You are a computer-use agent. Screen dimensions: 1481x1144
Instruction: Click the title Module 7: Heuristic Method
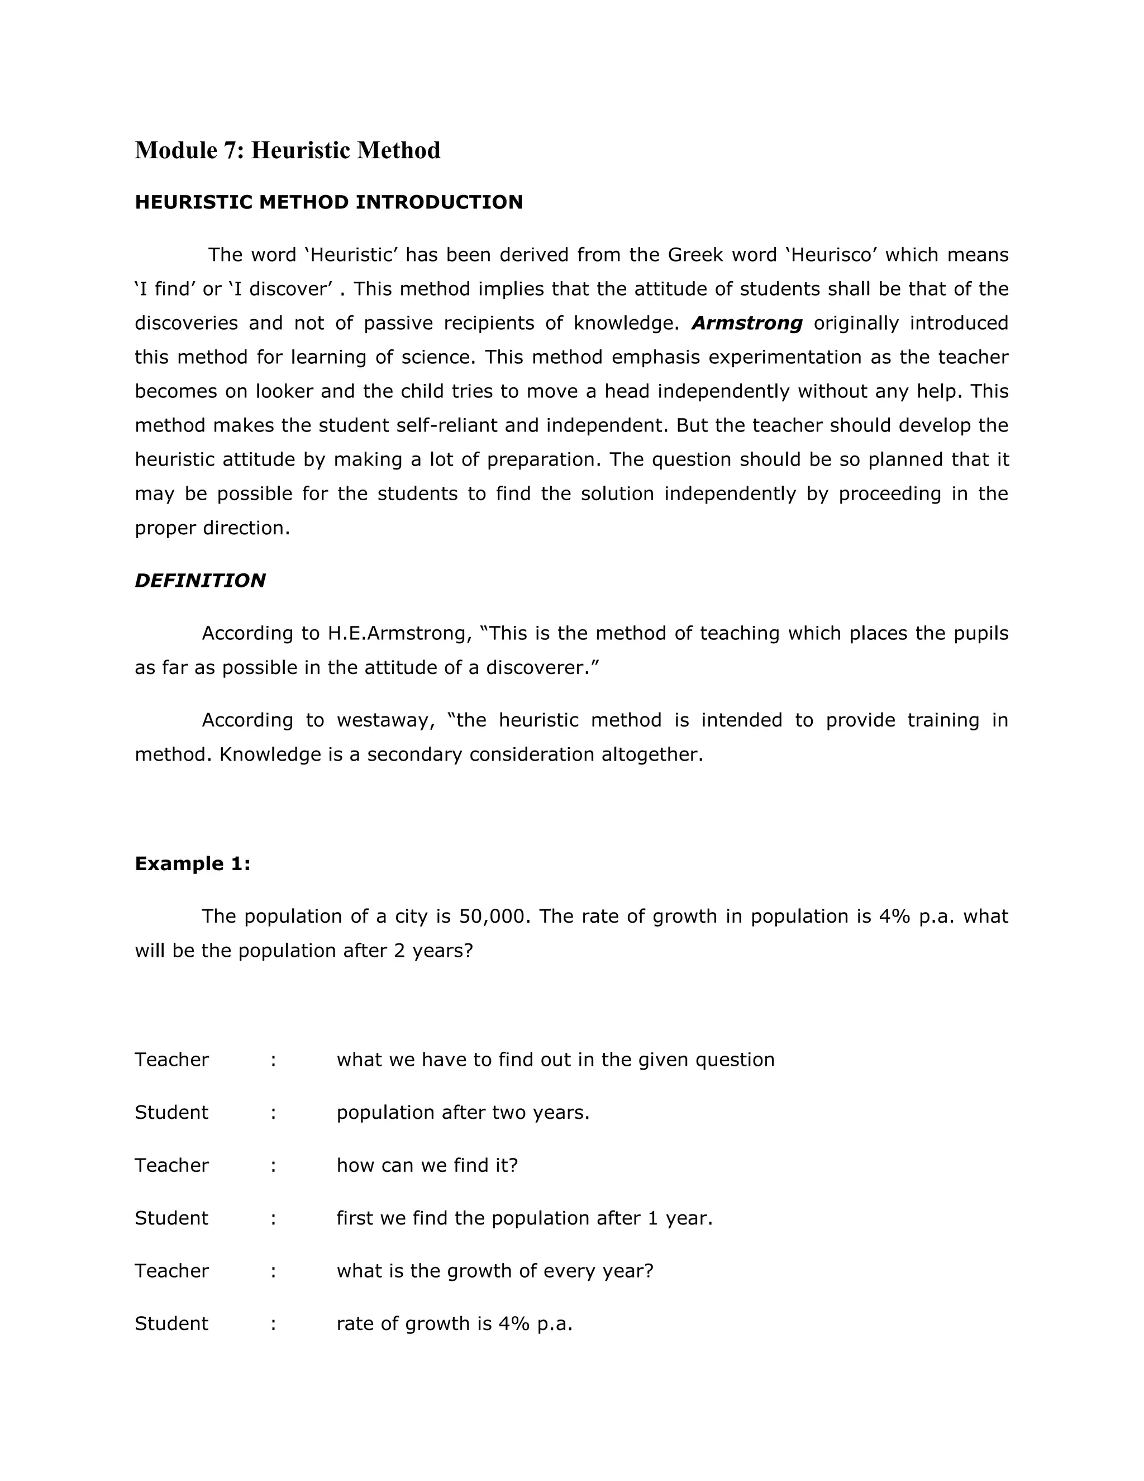click(287, 150)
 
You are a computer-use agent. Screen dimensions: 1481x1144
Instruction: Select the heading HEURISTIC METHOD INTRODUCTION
click(328, 202)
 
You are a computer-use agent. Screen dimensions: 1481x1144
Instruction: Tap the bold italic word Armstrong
click(746, 323)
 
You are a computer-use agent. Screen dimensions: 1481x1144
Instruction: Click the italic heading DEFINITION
click(200, 581)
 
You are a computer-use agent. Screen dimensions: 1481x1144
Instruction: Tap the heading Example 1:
click(193, 863)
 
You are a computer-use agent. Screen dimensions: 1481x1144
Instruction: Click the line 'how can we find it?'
click(427, 1165)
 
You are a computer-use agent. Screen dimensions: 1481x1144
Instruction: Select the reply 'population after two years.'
click(463, 1112)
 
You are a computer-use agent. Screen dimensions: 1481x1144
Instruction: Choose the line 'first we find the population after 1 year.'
click(525, 1218)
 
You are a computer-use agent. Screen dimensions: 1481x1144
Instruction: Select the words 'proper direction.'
click(212, 528)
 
